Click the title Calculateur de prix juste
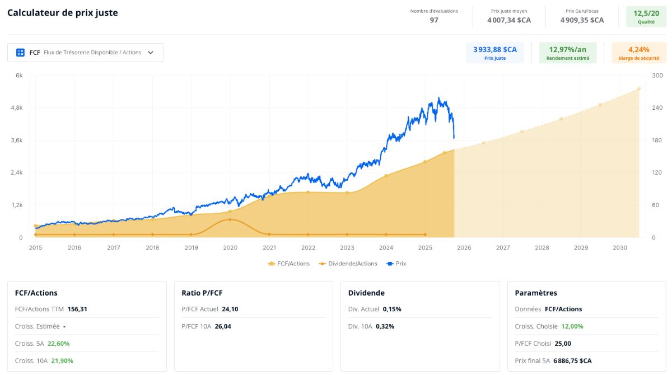pyautogui.click(x=62, y=12)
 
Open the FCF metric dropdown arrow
pyautogui.click(x=151, y=53)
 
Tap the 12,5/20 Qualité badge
pyautogui.click(x=646, y=17)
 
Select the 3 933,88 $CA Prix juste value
pyautogui.click(x=495, y=49)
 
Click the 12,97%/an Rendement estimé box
pyautogui.click(x=568, y=53)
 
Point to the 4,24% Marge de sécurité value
pyautogui.click(x=639, y=49)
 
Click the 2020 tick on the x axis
pyautogui.click(x=230, y=247)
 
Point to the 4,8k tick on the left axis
pyautogui.click(x=17, y=107)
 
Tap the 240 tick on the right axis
pyautogui.click(x=657, y=107)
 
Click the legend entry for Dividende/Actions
pyautogui.click(x=348, y=264)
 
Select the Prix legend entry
pyautogui.click(x=396, y=264)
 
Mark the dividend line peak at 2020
pyautogui.click(x=230, y=219)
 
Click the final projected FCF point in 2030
pyautogui.click(x=639, y=89)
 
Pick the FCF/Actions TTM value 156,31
pyautogui.click(x=77, y=309)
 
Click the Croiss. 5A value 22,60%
pyautogui.click(x=58, y=344)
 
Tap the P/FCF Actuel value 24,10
pyautogui.click(x=230, y=309)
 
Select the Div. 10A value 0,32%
pyautogui.click(x=385, y=326)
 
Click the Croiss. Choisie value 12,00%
pyautogui.click(x=572, y=326)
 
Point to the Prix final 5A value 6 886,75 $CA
pyautogui.click(x=572, y=360)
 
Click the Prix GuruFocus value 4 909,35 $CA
pyautogui.click(x=582, y=20)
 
